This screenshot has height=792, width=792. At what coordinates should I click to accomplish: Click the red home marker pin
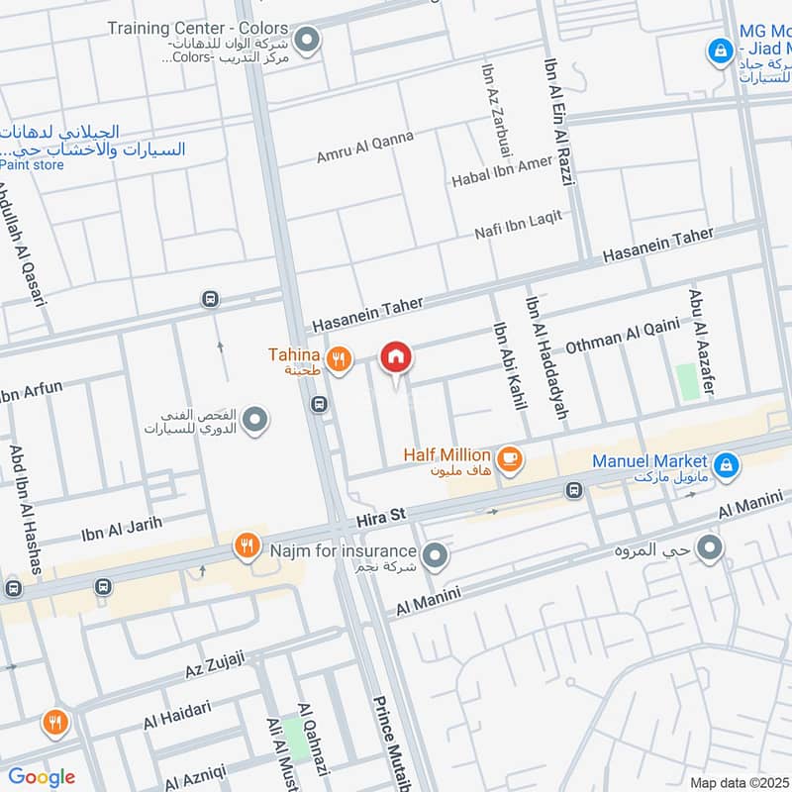click(x=396, y=358)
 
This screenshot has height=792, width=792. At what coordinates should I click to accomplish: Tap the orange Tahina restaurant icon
click(x=340, y=360)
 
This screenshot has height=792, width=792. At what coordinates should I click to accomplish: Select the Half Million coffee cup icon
click(x=509, y=458)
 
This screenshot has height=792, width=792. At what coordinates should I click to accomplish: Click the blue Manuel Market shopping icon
click(x=726, y=463)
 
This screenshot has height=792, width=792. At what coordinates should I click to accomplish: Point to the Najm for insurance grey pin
click(x=434, y=555)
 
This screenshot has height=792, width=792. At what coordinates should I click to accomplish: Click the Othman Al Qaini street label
click(x=622, y=336)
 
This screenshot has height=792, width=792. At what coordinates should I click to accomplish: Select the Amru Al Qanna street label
click(x=364, y=147)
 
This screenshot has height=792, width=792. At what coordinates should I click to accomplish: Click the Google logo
click(x=42, y=777)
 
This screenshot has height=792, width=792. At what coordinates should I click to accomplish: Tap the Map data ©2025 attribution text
click(x=739, y=782)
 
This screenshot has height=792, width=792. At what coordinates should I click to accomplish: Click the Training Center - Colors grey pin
click(x=308, y=40)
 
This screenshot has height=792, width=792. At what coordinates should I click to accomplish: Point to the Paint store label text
click(x=32, y=165)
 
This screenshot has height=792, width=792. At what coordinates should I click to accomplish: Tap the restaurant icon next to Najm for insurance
click(x=247, y=545)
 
